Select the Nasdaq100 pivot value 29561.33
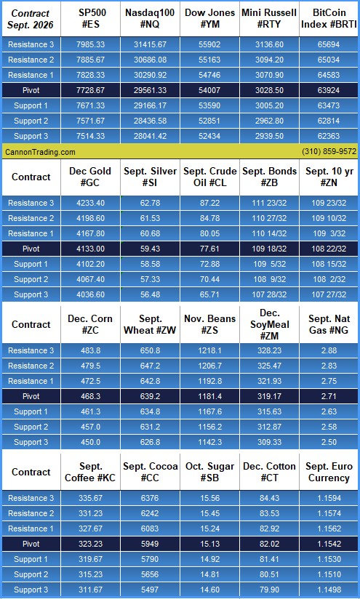150,90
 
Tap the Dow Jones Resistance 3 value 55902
209,44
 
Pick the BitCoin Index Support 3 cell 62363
328,136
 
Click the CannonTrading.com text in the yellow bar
40,152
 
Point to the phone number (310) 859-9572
329,152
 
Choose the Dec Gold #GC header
90,177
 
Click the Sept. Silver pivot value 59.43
150,249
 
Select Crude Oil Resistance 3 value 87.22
209,203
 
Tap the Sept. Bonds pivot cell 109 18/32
269,249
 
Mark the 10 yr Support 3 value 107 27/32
329,294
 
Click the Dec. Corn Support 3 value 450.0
90,442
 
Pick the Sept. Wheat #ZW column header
150,324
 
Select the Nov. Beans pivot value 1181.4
209,396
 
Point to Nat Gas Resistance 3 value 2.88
329,350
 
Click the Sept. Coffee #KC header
90,472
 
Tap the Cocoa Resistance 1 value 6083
150,528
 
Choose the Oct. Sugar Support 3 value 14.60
209,590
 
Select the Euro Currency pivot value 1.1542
329,544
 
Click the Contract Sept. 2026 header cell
31,19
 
